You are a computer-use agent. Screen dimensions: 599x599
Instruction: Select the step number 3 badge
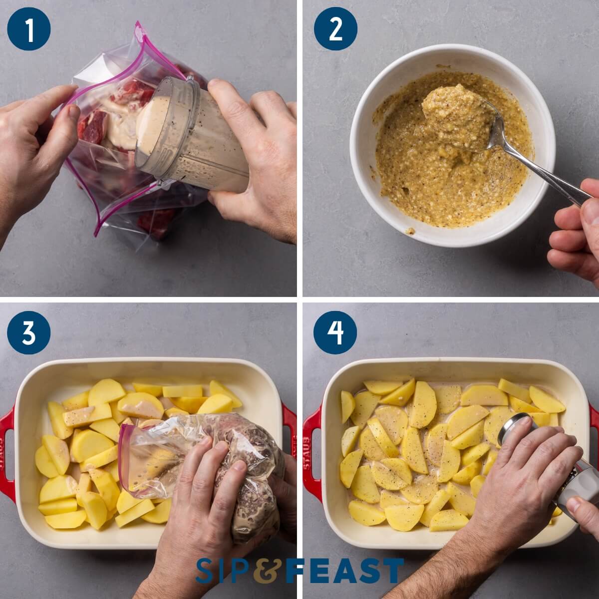tap(29, 333)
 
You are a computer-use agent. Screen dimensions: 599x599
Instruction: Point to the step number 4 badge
tap(335, 333)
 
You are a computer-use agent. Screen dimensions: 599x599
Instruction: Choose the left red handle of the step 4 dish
tap(311, 454)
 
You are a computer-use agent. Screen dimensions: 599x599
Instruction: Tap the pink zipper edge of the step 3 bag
tap(122, 449)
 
